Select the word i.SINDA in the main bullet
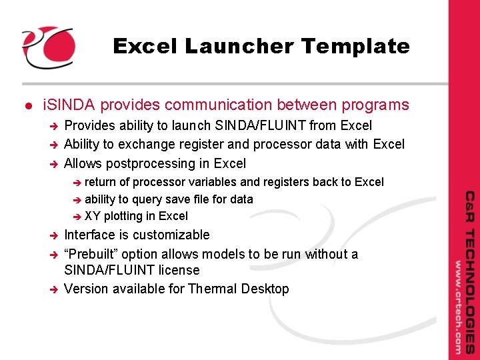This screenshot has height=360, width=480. click(69, 105)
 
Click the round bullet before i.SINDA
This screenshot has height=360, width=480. click(27, 106)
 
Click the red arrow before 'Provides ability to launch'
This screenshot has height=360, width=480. click(55, 126)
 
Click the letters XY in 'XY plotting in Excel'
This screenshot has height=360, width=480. click(93, 216)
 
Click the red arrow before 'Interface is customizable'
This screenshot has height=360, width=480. click(55, 235)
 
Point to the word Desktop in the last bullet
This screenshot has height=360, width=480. click(265, 289)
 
